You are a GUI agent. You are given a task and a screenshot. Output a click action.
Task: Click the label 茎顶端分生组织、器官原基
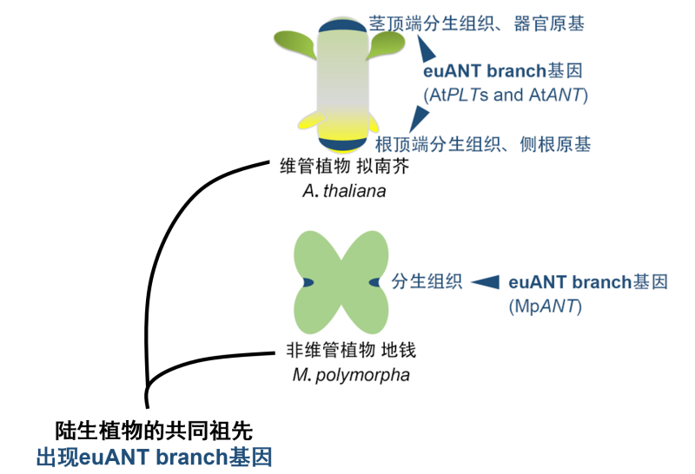(476, 24)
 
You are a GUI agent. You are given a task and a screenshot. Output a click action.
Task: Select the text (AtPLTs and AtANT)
(506, 95)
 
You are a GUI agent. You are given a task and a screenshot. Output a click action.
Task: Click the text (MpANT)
(545, 306)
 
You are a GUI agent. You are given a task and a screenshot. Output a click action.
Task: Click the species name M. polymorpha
(339, 375)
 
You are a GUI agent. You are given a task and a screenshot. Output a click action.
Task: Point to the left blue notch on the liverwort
(308, 282)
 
